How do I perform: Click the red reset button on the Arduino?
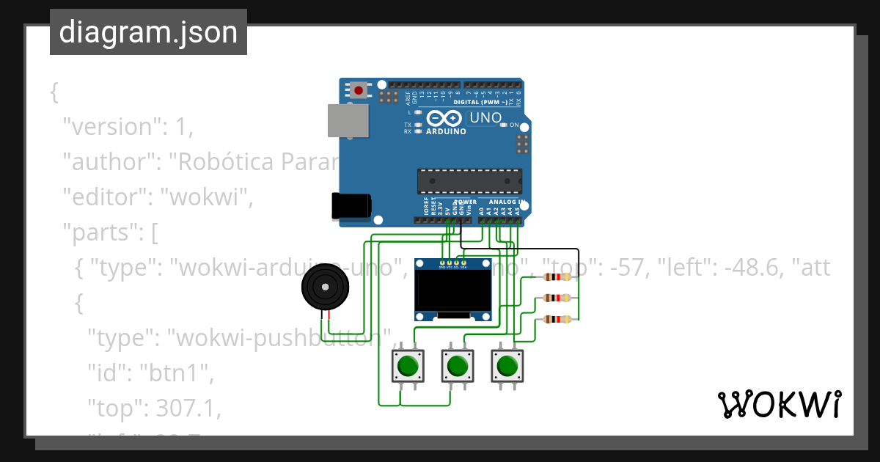[x=359, y=91]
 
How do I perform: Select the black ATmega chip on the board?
[x=469, y=180]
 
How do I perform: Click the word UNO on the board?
[x=485, y=117]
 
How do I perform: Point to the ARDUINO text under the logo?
[x=445, y=132]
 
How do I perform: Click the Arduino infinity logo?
[x=444, y=118]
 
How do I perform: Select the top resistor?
[x=558, y=276]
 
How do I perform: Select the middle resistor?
[x=558, y=298]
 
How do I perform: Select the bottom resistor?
[x=558, y=319]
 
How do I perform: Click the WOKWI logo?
[x=780, y=404]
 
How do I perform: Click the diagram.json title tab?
[x=148, y=32]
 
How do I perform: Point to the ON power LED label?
[x=514, y=125]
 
